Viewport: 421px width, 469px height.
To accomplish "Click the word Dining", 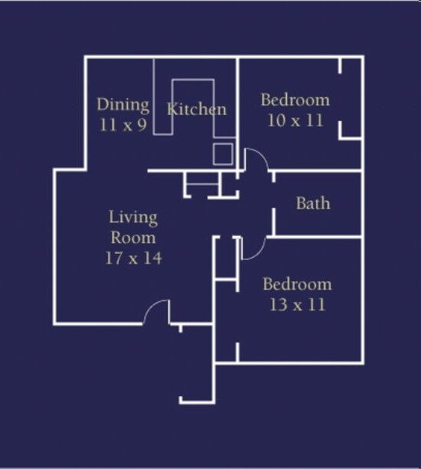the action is (123, 106).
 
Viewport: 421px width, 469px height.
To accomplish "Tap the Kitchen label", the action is (197, 109).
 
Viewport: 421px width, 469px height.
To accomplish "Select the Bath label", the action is (313, 203).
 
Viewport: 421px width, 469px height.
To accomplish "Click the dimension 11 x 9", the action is (123, 125).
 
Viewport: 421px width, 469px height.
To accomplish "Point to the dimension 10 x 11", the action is (295, 120).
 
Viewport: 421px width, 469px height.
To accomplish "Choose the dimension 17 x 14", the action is (133, 257).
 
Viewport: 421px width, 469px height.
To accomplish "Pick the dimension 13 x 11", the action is (297, 305).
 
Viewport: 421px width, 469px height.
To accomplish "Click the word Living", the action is (133, 218).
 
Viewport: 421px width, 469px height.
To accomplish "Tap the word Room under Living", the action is (133, 238).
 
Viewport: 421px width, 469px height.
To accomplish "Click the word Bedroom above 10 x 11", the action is (295, 100).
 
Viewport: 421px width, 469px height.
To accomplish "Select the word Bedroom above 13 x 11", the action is (297, 284).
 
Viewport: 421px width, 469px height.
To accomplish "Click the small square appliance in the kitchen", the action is (223, 154).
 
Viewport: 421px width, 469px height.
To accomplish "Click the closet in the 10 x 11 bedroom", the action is (351, 99).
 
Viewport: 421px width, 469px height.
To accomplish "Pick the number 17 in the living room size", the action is (114, 257).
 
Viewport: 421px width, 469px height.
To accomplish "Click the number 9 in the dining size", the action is (142, 125).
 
